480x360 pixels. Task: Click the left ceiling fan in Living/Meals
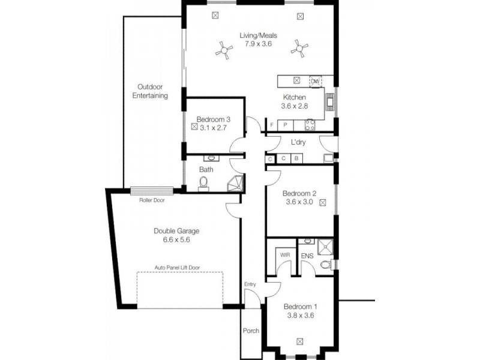click(224, 50)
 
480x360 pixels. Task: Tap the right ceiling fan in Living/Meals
click(298, 48)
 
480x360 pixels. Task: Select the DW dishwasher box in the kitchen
click(316, 81)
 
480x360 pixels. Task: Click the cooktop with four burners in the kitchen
click(311, 124)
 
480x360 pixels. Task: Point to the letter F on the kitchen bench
click(272, 125)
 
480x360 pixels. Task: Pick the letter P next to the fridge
click(286, 125)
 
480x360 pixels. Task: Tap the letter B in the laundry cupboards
click(296, 159)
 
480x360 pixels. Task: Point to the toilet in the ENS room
click(325, 264)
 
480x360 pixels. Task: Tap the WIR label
click(284, 255)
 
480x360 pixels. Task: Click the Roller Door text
click(152, 200)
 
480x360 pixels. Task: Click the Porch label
click(251, 331)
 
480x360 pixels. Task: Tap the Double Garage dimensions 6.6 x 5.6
click(176, 239)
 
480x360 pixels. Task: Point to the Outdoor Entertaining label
click(150, 91)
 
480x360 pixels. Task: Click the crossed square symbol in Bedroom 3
click(194, 127)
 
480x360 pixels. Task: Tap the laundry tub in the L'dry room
click(328, 158)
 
